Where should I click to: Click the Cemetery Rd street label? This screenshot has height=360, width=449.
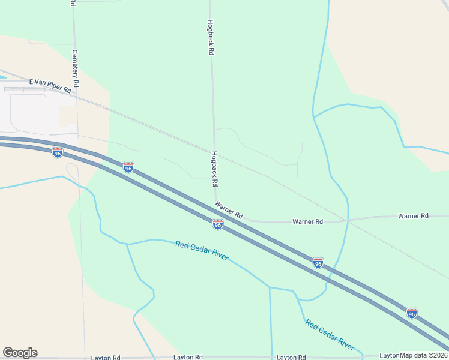(x=75, y=71)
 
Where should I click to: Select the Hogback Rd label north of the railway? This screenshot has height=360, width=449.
(x=210, y=38)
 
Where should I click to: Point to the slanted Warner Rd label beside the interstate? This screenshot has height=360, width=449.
(x=229, y=210)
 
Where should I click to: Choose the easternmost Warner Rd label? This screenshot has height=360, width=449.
(x=413, y=215)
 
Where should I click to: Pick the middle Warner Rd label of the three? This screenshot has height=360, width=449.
(x=307, y=221)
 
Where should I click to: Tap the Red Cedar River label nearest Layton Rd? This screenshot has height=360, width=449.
(x=330, y=335)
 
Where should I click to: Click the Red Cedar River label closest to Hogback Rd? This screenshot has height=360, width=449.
(x=202, y=250)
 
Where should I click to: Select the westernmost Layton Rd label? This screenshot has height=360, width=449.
(x=106, y=357)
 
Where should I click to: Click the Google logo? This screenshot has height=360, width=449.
(x=20, y=353)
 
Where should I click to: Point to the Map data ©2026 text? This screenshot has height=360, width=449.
(x=424, y=355)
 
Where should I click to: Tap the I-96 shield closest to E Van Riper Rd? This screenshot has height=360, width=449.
(x=58, y=152)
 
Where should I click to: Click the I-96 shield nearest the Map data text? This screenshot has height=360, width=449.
(x=411, y=313)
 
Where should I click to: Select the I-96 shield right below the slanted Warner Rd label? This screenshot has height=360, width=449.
(x=218, y=224)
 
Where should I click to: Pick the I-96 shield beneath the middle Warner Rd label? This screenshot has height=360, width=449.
(x=318, y=263)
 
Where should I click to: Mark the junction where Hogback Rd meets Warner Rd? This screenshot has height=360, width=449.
(x=214, y=202)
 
